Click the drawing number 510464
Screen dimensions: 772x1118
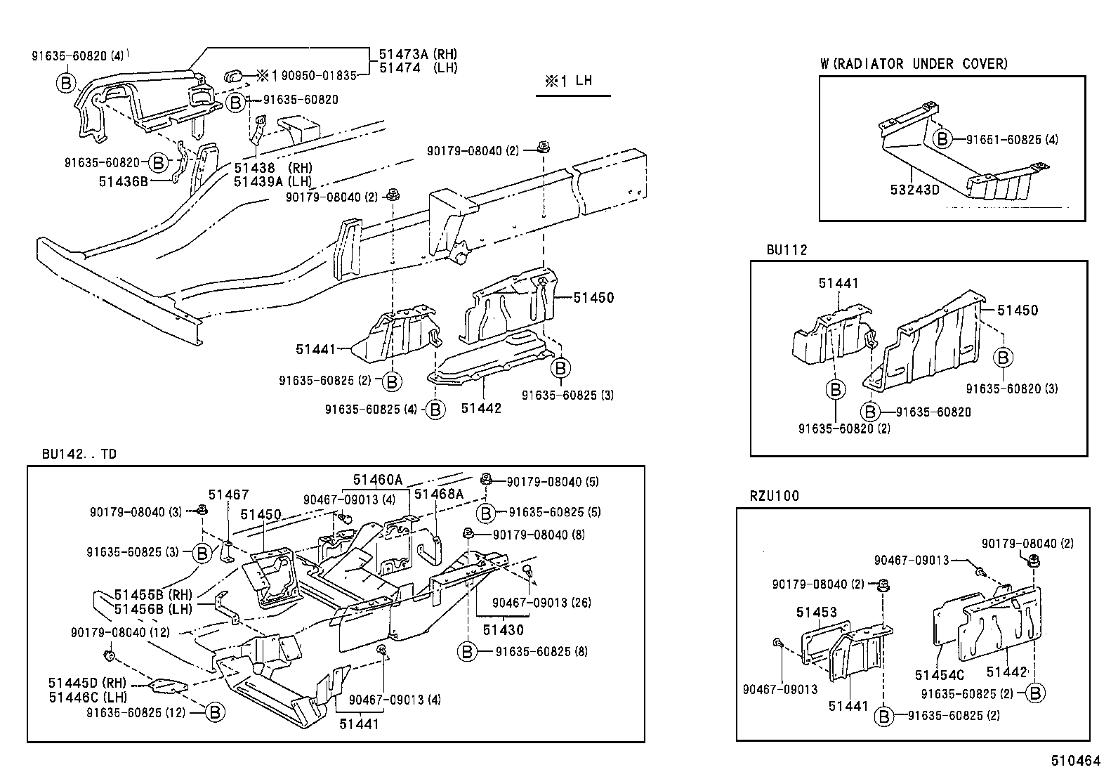(x=1075, y=761)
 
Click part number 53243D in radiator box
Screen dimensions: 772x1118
(x=914, y=190)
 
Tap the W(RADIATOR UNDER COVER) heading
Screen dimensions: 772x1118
(x=914, y=64)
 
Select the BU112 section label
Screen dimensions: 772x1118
(x=787, y=249)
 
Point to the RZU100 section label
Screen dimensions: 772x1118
(x=775, y=496)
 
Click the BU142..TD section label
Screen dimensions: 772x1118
(x=79, y=454)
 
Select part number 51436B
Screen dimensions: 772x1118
(x=123, y=181)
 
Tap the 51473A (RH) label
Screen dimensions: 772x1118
(x=418, y=54)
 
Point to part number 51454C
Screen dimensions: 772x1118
(x=940, y=675)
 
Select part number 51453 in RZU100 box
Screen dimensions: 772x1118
(x=817, y=613)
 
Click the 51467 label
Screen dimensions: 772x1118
(x=228, y=496)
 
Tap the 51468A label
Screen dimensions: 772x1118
(x=439, y=495)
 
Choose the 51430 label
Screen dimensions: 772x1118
(x=503, y=630)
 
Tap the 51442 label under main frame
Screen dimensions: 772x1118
(x=481, y=407)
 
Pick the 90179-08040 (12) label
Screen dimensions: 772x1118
(x=120, y=632)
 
